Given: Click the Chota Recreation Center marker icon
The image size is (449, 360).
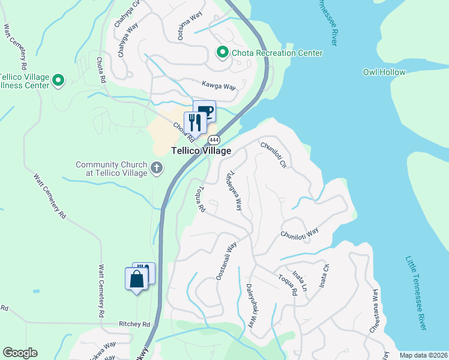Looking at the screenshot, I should (222, 53).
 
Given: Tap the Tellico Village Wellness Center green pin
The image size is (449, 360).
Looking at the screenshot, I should (58, 80).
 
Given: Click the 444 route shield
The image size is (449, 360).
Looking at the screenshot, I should (214, 140).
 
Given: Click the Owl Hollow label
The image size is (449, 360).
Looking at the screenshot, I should (384, 72).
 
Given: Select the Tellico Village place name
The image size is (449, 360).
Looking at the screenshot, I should (200, 151).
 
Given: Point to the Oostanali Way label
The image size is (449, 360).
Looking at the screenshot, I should (226, 260).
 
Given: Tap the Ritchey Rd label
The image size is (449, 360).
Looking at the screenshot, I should (134, 324).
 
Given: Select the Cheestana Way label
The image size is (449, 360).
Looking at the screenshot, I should (374, 310).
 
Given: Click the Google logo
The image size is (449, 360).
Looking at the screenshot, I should (20, 353).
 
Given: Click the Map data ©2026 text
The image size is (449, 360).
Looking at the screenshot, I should (423, 355).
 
